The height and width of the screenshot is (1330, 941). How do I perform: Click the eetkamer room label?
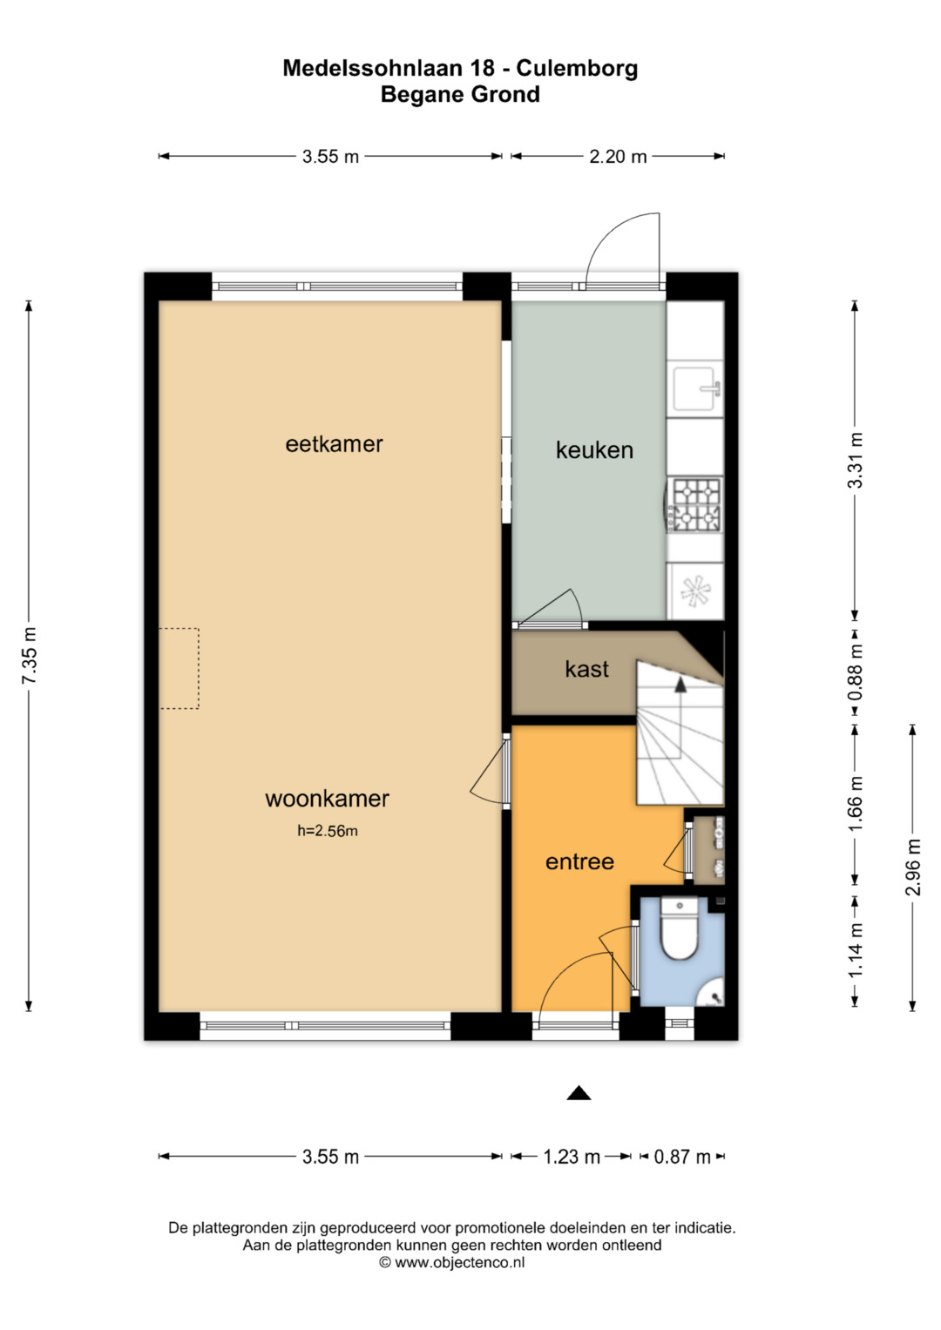pyautogui.click(x=334, y=444)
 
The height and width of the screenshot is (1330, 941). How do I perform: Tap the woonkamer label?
pyautogui.click(x=327, y=799)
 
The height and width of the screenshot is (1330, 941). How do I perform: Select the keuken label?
pyautogui.click(x=594, y=450)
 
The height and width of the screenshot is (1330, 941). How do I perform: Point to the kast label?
pyautogui.click(x=586, y=669)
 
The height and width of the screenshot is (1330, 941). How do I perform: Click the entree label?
pyautogui.click(x=579, y=861)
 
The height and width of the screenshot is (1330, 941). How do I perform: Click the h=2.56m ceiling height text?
pyautogui.click(x=328, y=831)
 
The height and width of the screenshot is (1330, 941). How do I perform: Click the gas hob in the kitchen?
pyautogui.click(x=694, y=504)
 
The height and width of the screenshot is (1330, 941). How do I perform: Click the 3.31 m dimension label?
pyautogui.click(x=855, y=460)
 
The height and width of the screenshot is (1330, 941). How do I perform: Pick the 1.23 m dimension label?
pyautogui.click(x=572, y=1157)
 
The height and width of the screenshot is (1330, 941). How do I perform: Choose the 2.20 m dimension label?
pyautogui.click(x=618, y=156)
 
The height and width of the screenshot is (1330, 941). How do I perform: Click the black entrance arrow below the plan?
pyautogui.click(x=578, y=1092)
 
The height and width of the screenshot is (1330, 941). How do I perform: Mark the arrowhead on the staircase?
pyautogui.click(x=680, y=684)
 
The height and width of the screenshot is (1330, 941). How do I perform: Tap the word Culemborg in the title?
pyautogui.click(x=577, y=68)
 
